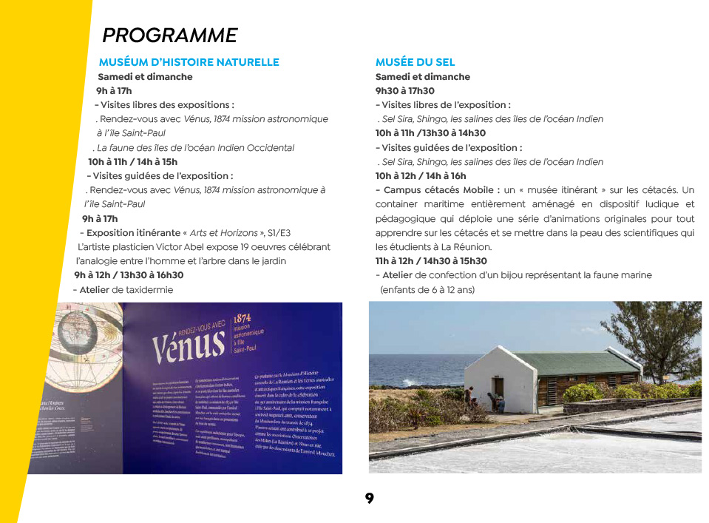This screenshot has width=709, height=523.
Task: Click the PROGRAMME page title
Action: pyautogui.click(x=169, y=36)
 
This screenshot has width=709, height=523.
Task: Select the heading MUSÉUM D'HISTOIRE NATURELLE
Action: pyautogui.click(x=189, y=62)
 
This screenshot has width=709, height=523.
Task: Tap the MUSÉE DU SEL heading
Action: pyautogui.click(x=415, y=62)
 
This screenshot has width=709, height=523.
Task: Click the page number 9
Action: pyautogui.click(x=369, y=499)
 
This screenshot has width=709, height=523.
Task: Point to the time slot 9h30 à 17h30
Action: pyautogui.click(x=404, y=91)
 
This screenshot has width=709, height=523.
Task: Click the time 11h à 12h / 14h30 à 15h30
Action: pyautogui.click(x=431, y=261)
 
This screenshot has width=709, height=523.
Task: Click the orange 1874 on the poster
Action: pyautogui.click(x=243, y=317)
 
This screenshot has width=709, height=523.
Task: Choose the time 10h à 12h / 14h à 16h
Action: pyautogui.click(x=421, y=176)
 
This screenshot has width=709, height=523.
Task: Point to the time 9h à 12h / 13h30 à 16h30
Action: pyautogui.click(x=129, y=275)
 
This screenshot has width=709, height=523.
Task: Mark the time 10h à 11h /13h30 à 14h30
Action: pyautogui.click(x=430, y=133)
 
